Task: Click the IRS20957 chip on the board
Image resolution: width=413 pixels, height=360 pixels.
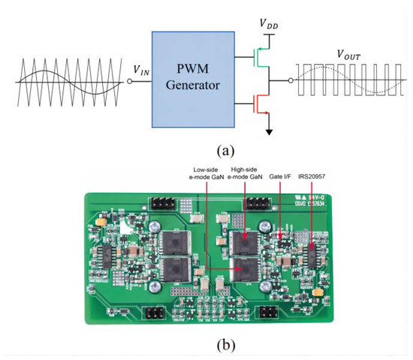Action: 312,259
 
